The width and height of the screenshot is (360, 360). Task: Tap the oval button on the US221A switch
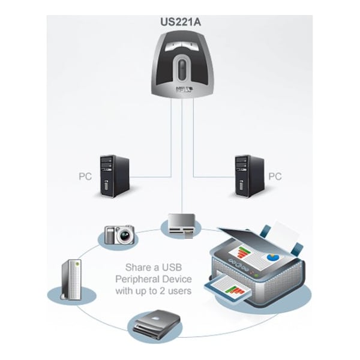point(179,65)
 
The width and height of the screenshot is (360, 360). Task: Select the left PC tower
point(114,176)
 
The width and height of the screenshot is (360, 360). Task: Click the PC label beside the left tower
point(86,177)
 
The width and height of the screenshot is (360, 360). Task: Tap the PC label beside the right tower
point(274,177)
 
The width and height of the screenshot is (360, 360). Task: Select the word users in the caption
point(179,291)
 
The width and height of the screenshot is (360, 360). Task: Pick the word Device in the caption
point(177,279)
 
